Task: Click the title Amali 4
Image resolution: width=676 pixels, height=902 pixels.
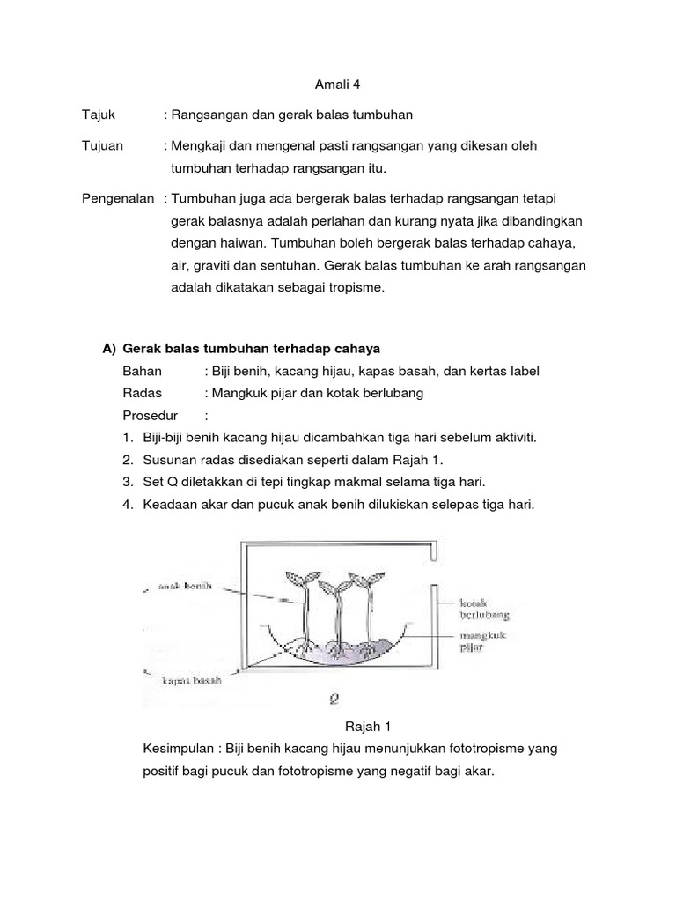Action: (x=338, y=85)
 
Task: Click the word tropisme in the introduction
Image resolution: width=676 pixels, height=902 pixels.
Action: (x=357, y=288)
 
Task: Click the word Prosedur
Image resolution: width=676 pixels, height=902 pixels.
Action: (x=151, y=416)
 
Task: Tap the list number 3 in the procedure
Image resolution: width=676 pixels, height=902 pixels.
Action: (x=128, y=483)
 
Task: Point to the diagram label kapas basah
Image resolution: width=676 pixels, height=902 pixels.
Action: (x=191, y=680)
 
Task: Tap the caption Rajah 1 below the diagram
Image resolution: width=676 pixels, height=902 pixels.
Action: (x=364, y=727)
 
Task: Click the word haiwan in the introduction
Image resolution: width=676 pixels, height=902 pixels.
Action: (x=229, y=242)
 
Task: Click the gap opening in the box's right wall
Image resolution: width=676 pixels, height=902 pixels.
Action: (x=432, y=573)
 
